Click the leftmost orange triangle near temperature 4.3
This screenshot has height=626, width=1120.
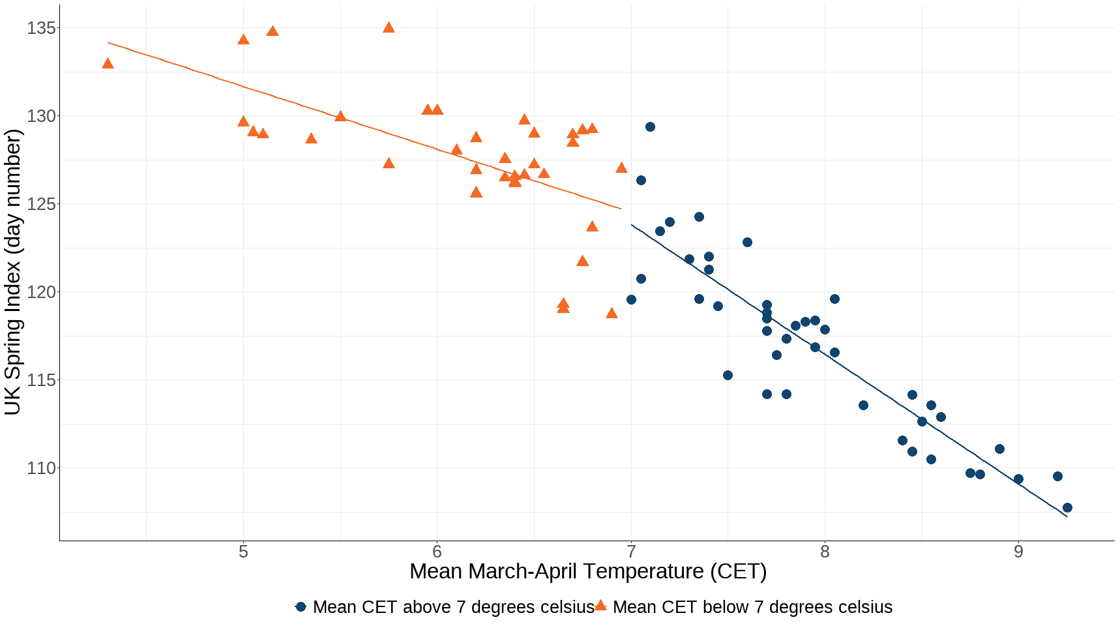[x=108, y=64]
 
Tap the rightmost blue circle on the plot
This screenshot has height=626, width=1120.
[x=1067, y=508]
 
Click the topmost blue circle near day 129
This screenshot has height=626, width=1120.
[x=650, y=127]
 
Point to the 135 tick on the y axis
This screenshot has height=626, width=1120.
[x=41, y=28]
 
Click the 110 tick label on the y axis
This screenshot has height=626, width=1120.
[x=41, y=468]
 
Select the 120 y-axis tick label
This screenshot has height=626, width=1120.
[x=41, y=292]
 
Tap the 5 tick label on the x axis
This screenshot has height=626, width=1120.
[x=243, y=552]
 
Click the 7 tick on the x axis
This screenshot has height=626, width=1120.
[x=631, y=552]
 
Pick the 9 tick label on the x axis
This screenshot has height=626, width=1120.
[x=1018, y=552]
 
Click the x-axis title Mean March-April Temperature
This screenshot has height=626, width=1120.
[x=587, y=571]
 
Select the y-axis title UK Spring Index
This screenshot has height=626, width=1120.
[x=13, y=272]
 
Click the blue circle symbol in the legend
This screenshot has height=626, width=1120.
[x=301, y=607]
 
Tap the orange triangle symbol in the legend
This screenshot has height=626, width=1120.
[x=600, y=606]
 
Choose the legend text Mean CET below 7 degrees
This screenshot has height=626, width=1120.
[x=752, y=607]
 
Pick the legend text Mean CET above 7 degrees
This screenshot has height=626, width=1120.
[x=453, y=607]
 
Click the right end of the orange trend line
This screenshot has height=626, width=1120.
[x=620, y=209]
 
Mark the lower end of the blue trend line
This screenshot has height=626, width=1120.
[x=1066, y=516]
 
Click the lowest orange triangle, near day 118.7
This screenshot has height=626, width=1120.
[x=612, y=314]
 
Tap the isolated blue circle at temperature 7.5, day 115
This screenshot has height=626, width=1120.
[x=728, y=376]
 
